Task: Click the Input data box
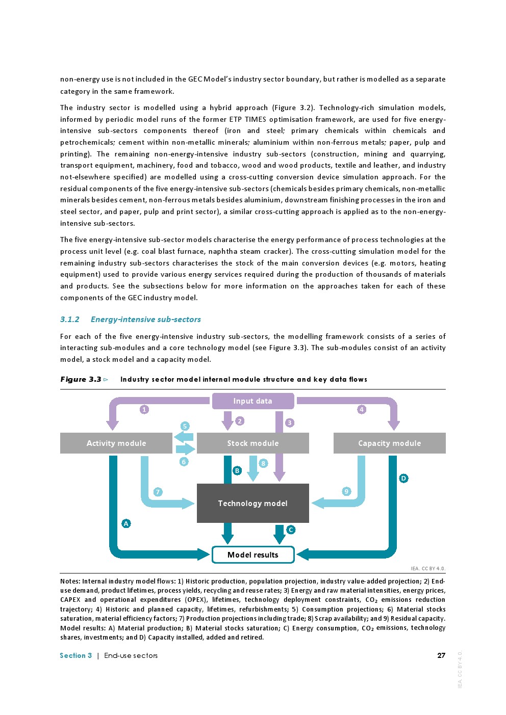click(252, 401)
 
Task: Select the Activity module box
click(116, 443)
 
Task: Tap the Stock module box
click(252, 443)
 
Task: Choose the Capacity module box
click(389, 443)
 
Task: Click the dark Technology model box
click(252, 504)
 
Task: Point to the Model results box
click(252, 555)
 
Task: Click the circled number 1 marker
click(144, 409)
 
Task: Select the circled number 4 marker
click(362, 409)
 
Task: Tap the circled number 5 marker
click(185, 426)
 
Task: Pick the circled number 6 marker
click(184, 462)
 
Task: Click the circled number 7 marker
click(158, 492)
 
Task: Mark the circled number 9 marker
click(346, 491)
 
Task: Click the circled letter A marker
click(126, 523)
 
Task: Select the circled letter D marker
click(403, 478)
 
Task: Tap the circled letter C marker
click(291, 530)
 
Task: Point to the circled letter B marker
click(237, 470)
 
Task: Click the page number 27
click(441, 655)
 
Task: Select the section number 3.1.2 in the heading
click(70, 320)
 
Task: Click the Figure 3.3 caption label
click(81, 379)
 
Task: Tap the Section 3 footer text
click(76, 655)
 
